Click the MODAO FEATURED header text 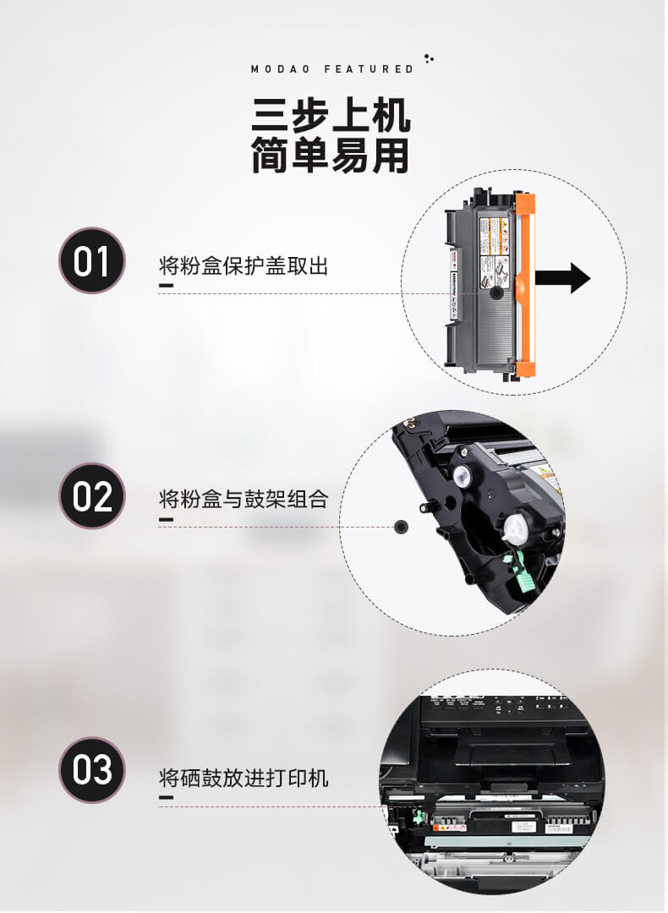pos(332,68)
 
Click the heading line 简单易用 pos(331,156)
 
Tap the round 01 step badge pos(91,260)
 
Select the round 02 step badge pos(91,496)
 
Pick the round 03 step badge pos(91,770)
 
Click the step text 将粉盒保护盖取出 pos(244,266)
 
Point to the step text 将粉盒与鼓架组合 pos(244,499)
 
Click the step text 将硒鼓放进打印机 pos(244,777)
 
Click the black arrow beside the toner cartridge pos(563,277)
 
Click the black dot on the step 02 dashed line pos(401,527)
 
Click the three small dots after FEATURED pos(429,59)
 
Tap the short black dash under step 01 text pos(166,287)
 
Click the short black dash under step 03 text pos(166,797)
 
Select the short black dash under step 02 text pos(166,519)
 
